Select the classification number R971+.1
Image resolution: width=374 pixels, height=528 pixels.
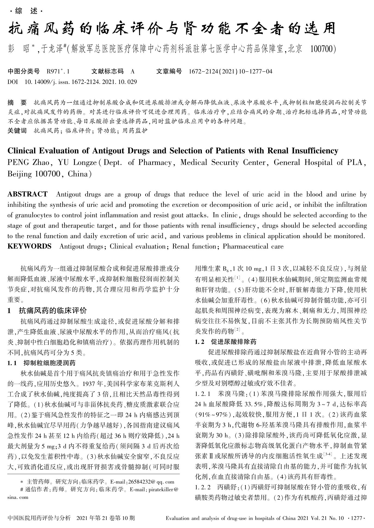[x=58, y=72]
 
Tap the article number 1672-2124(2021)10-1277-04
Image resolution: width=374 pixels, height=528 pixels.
[x=230, y=72]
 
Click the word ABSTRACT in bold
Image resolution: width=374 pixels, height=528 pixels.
[x=27, y=194]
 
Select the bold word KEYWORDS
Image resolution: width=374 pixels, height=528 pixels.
[x=29, y=247]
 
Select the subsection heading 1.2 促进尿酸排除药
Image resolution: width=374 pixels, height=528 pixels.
[x=225, y=342]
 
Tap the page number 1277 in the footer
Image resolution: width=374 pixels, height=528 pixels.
[x=358, y=518]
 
